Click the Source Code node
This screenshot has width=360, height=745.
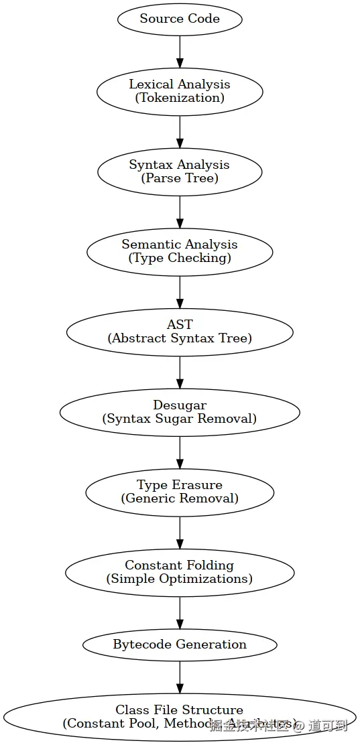180,19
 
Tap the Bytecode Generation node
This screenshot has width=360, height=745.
180,645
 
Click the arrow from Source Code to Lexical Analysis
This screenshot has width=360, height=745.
180,51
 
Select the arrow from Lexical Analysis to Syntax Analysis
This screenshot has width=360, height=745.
180,131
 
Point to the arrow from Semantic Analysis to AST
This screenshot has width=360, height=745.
180,291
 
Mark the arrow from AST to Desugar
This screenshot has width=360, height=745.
180,372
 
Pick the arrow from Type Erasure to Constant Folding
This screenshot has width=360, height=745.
180,532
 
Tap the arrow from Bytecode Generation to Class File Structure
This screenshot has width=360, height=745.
180,677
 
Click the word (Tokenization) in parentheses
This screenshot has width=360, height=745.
180,98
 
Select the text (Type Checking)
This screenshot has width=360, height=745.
180,259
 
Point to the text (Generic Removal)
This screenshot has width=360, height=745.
180,499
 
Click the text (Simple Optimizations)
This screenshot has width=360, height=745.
180,580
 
